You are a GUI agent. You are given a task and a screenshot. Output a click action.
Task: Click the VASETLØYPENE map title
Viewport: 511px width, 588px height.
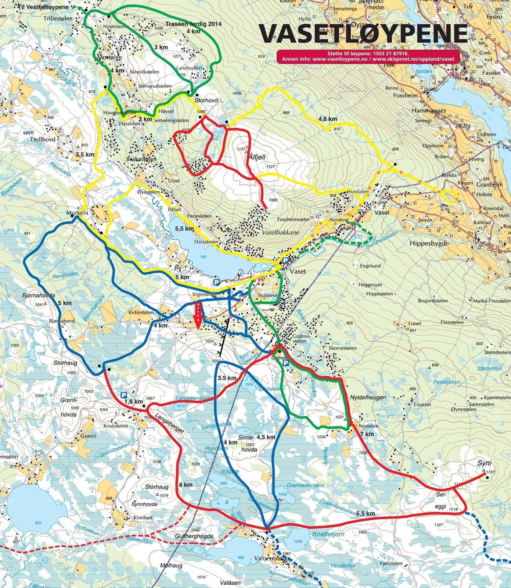pyautogui.click(x=363, y=34)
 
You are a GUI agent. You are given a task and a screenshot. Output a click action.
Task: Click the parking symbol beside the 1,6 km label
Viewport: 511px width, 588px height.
pyautogui.click(x=124, y=395)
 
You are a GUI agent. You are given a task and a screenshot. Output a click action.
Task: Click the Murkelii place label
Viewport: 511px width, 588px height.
pyautogui.click(x=76, y=213)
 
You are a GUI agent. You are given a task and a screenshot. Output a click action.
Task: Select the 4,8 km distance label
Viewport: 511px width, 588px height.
pyautogui.click(x=328, y=119)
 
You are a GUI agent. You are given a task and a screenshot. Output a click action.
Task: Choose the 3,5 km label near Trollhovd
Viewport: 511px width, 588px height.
pyautogui.click(x=85, y=154)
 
